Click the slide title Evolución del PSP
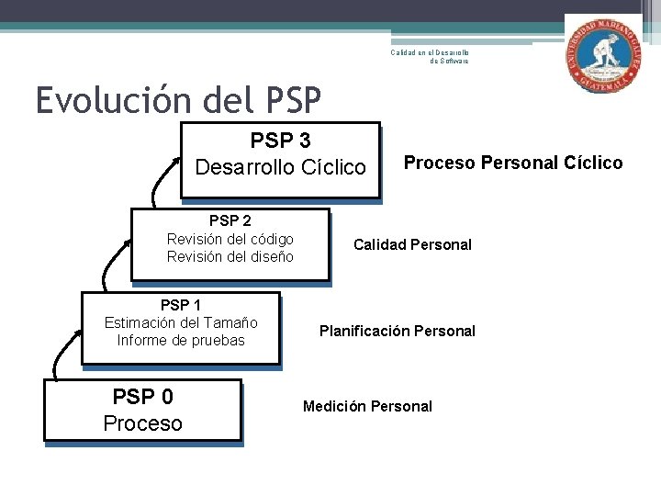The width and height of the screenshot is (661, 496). point(179,100)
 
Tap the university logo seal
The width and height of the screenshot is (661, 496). point(603,53)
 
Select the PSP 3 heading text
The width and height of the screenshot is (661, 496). point(280,141)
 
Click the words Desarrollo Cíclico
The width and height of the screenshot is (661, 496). point(280,167)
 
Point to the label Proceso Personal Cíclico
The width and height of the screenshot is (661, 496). point(513,163)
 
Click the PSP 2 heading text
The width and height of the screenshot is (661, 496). point(230,220)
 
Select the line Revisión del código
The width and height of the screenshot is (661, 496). point(230,239)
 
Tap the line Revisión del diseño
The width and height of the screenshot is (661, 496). point(230,256)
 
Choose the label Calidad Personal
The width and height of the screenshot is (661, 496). point(412,244)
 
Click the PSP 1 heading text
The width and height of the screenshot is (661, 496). point(181,305)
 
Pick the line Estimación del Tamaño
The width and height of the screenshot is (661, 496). point(181,322)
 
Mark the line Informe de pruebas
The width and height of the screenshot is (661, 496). point(181,340)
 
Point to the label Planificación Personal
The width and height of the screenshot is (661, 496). point(397,331)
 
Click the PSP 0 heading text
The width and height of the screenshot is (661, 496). point(142,397)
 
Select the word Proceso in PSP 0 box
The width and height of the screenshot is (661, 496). point(142,423)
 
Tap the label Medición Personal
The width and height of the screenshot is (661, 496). point(367,406)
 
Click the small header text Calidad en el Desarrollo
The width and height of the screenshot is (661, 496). point(430,52)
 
